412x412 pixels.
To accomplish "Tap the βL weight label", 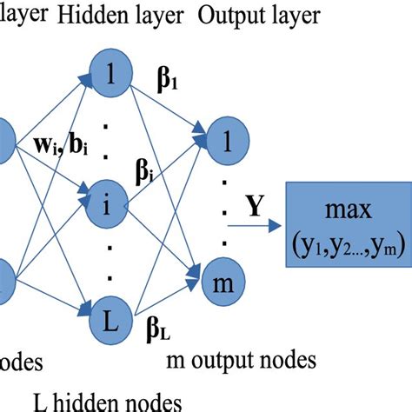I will click(x=161, y=328).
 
